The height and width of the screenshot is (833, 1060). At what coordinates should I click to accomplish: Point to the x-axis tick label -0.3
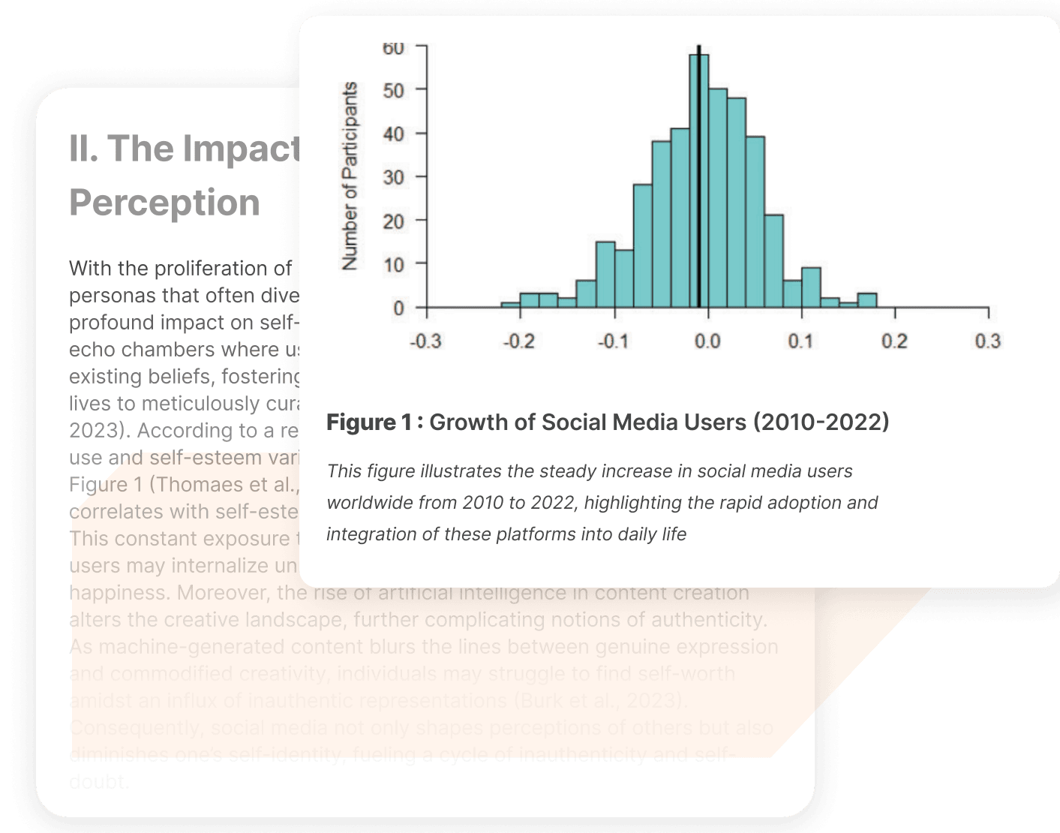pos(425,341)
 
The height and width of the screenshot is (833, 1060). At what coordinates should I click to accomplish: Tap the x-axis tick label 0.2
pos(894,341)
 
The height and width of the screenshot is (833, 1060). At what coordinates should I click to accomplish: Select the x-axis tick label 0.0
pos(707,341)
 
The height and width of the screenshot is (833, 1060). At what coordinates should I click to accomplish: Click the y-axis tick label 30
pos(393,177)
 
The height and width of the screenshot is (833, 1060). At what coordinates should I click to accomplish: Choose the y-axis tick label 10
pos(393,264)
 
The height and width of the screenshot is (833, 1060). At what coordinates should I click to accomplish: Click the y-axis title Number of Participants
pos(350,176)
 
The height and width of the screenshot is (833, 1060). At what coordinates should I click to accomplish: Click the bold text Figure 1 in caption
pos(368,423)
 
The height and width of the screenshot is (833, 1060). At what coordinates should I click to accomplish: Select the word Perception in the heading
pos(164,203)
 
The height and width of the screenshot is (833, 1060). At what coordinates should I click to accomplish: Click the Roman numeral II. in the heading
pos(83,149)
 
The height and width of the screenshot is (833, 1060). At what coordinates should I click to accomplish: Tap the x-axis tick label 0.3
pos(987,341)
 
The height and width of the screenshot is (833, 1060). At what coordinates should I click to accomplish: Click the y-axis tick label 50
pos(393,90)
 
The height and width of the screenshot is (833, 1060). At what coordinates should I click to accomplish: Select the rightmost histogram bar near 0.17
pos(867,300)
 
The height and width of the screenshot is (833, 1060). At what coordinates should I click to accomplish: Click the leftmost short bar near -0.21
pos(510,305)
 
